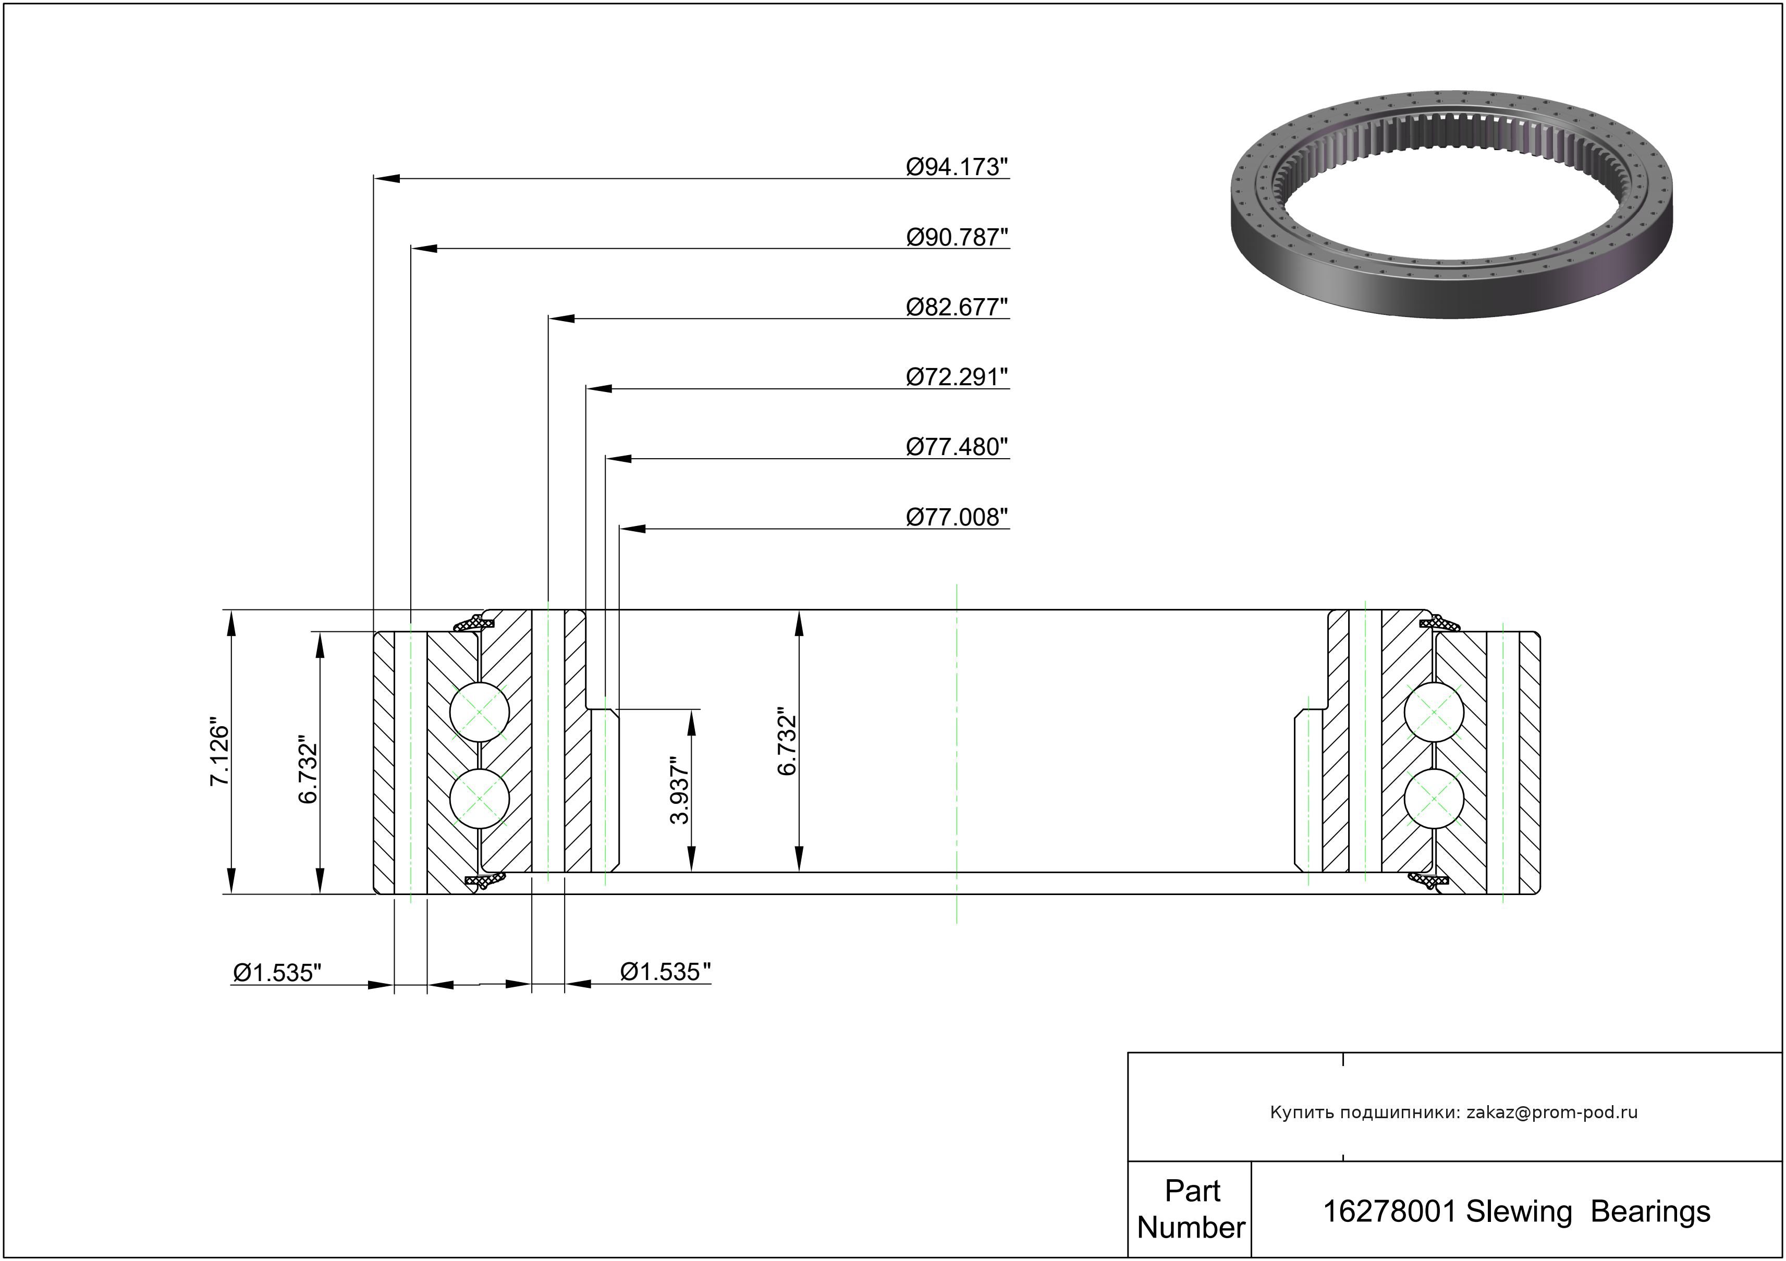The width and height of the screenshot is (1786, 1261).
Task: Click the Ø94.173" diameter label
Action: click(x=957, y=167)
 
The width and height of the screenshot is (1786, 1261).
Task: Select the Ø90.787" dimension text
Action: click(x=957, y=237)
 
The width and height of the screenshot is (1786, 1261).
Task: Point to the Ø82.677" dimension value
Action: click(x=957, y=307)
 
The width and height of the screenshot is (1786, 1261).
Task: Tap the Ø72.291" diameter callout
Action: click(x=957, y=377)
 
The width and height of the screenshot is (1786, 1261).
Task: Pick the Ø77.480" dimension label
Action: click(x=957, y=447)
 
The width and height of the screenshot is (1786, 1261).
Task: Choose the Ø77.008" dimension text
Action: click(x=957, y=517)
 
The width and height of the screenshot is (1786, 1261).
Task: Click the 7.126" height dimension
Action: click(x=220, y=752)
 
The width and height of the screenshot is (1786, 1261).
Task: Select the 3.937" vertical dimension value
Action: click(x=680, y=790)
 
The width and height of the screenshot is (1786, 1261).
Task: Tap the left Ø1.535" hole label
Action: click(x=277, y=972)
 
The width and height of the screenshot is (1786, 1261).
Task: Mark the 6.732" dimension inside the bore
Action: click(x=787, y=741)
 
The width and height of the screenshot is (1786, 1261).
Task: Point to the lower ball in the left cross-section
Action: click(x=480, y=799)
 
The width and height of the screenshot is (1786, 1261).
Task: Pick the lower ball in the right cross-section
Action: click(x=1434, y=799)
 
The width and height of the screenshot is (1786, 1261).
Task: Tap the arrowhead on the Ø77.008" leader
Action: click(x=632, y=529)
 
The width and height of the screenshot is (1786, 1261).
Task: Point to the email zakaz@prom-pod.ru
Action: click(x=1552, y=1112)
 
